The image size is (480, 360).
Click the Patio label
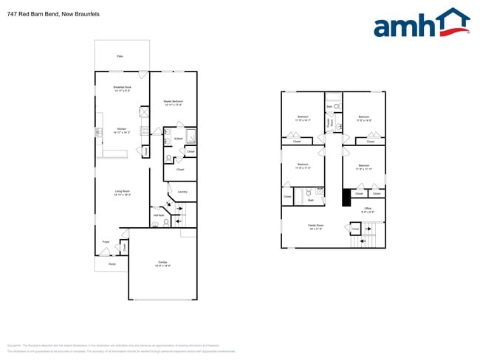pyautogui.click(x=120, y=56)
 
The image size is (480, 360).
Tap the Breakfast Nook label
pyautogui.click(x=122, y=89)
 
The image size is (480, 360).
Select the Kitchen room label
pyautogui.click(x=122, y=131)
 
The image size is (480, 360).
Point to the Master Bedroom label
pyautogui.click(x=174, y=103)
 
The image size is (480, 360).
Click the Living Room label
pyautogui.click(x=123, y=193)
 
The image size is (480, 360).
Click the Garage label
pyautogui.click(x=163, y=263)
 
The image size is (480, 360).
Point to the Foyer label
pyautogui.click(x=106, y=240)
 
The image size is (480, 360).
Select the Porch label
pyautogui.click(x=112, y=263)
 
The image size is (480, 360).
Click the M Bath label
pyautogui.click(x=179, y=138)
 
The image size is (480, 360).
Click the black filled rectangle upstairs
pyautogui.click(x=345, y=198)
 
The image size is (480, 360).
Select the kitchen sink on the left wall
pyautogui.click(x=98, y=132)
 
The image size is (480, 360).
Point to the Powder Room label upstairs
pyautogui.click(x=329, y=121)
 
